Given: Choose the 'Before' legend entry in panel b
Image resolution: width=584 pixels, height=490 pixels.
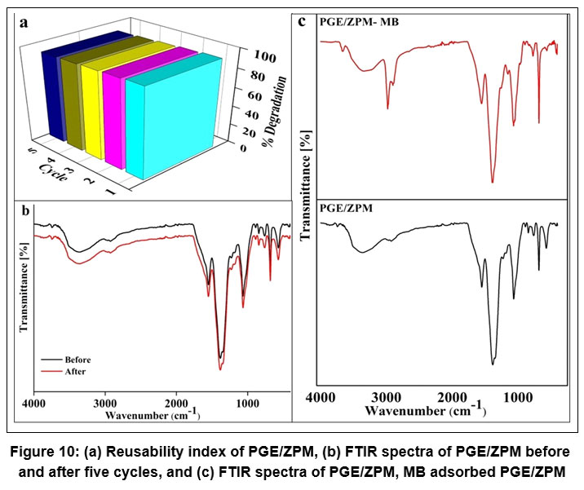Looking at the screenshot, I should pyautogui.click(x=75, y=360).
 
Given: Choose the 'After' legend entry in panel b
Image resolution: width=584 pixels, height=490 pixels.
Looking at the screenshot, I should pyautogui.click(x=72, y=371).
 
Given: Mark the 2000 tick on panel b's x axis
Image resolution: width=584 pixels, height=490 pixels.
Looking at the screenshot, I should pyautogui.click(x=175, y=404).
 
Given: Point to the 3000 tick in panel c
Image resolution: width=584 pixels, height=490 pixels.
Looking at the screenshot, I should pyautogui.click(x=385, y=396).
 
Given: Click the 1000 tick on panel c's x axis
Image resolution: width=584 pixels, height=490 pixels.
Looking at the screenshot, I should pyautogui.click(x=515, y=396).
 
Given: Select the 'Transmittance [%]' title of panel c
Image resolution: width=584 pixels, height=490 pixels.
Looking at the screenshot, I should pyautogui.click(x=306, y=184).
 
